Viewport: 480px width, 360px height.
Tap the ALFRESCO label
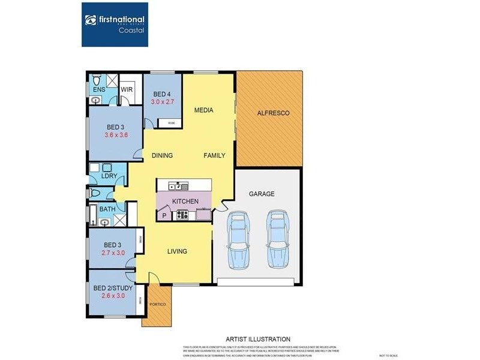pyautogui.click(x=273, y=113)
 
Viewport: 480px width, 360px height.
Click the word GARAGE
pyautogui.click(x=262, y=194)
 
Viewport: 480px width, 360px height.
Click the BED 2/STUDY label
pyautogui.click(x=112, y=287)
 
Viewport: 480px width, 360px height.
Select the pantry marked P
pyautogui.click(x=164, y=215)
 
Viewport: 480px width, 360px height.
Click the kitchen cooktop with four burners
pyautogui.click(x=183, y=215)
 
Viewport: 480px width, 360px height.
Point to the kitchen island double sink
pyautogui.click(x=178, y=185)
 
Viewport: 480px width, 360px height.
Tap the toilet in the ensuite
pyautogui.click(x=97, y=81)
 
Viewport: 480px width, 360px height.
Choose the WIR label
pyautogui.click(x=127, y=89)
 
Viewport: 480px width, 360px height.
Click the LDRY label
pyautogui.click(x=109, y=176)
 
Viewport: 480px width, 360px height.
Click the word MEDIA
pyautogui.click(x=204, y=110)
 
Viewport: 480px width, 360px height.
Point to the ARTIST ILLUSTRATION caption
pyautogui.click(x=257, y=339)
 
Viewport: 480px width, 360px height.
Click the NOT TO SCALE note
pyautogui.click(x=388, y=356)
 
